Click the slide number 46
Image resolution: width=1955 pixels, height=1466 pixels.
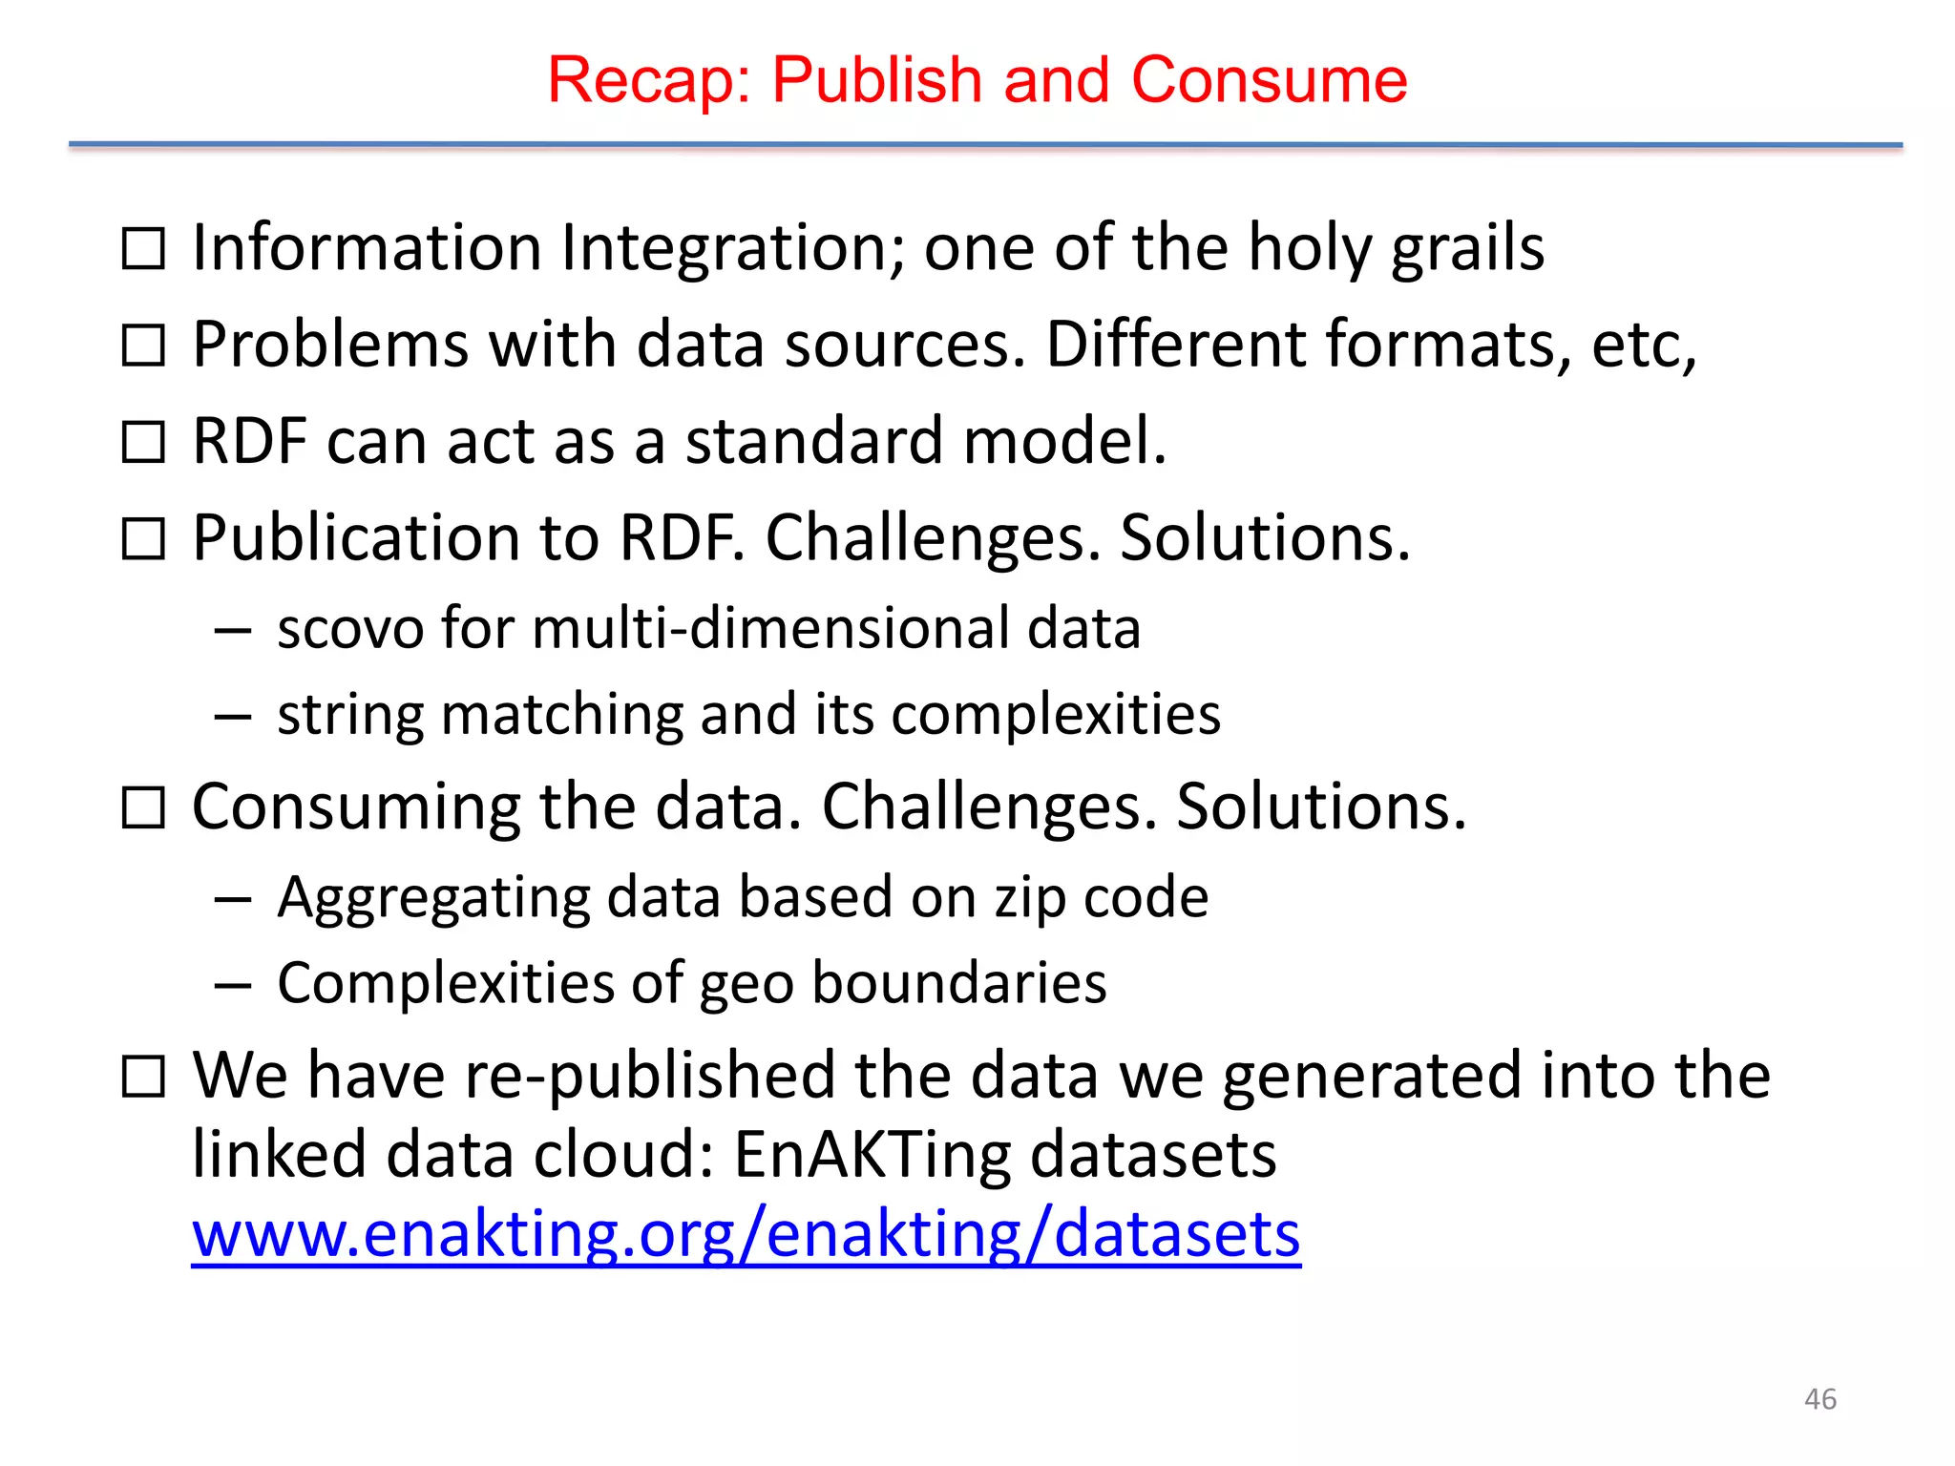1819,1399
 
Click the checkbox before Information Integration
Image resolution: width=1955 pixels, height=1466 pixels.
144,249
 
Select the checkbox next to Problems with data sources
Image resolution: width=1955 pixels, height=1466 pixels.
144,346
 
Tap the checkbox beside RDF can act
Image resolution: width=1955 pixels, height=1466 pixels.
144,443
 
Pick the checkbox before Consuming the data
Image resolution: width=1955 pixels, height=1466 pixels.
144,808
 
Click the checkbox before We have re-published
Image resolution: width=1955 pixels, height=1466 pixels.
144,1078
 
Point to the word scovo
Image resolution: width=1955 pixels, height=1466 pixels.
349,629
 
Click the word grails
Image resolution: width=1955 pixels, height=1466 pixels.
1467,249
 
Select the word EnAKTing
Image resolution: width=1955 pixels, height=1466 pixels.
872,1155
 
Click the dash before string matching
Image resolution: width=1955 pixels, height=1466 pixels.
233,716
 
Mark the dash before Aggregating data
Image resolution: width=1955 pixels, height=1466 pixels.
233,899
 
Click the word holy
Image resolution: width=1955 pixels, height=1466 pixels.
1309,249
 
